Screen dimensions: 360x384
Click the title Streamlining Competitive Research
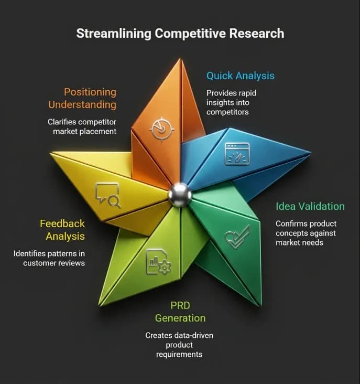point(180,34)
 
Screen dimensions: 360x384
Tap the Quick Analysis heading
point(241,76)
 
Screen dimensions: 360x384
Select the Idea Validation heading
point(310,206)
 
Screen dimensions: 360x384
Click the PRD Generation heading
point(180,312)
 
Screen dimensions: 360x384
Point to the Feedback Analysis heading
point(62,230)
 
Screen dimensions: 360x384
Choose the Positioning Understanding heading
point(82,98)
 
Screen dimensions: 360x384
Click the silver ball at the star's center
point(180,195)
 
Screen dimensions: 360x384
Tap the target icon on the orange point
point(161,129)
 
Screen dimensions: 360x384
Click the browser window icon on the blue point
point(237,154)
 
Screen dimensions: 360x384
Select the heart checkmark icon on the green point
point(237,237)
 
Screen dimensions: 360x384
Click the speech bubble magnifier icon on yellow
point(108,195)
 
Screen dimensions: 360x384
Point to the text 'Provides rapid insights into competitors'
point(232,102)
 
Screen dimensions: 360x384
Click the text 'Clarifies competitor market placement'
point(82,126)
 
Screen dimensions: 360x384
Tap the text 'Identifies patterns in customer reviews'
point(49,258)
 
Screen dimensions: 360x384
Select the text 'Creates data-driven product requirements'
point(179,345)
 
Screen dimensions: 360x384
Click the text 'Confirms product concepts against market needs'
point(306,233)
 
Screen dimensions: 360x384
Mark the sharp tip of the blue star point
point(311,153)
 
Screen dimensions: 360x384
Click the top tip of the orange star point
point(180,58)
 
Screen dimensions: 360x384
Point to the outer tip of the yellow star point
point(51,154)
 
